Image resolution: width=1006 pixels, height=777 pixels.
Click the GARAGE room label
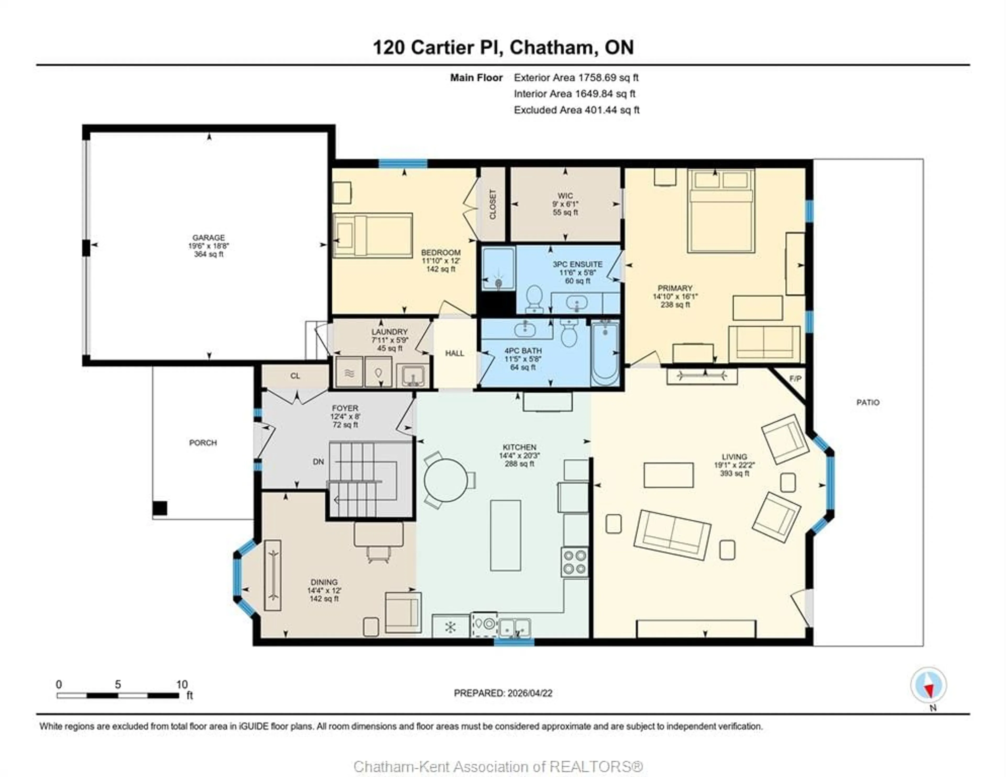209,238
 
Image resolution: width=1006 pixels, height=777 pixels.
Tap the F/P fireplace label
795,379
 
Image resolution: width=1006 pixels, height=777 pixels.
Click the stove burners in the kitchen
575,562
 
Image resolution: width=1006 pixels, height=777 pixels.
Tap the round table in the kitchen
445,480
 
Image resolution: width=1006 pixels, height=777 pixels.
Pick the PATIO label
868,402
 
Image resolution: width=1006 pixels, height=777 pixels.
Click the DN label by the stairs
318,461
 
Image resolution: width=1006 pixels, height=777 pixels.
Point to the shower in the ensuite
498,269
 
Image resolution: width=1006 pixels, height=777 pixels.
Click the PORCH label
203,443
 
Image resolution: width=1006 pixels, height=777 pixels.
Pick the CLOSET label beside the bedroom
493,205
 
